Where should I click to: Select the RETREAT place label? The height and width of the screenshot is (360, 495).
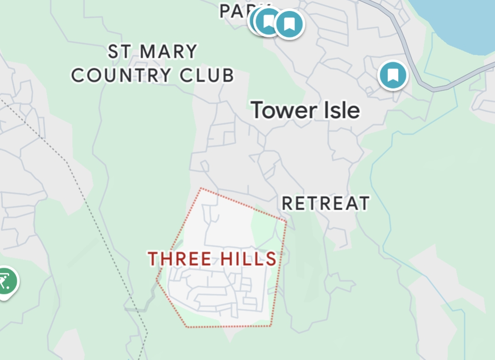[x=325, y=203]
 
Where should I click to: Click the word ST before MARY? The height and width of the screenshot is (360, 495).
[x=120, y=52]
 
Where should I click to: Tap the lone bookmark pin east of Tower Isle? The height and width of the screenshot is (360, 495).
[x=393, y=74]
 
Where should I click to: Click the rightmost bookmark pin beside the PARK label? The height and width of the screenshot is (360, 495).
[x=289, y=23]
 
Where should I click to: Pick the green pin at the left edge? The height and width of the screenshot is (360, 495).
[x=6, y=281]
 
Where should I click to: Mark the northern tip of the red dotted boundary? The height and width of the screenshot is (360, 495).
[x=201, y=188]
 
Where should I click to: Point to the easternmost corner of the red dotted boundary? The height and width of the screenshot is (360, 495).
[x=286, y=222]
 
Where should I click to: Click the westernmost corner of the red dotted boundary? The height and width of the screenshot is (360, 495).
[x=157, y=278]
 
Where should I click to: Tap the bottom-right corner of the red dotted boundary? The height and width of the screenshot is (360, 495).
[x=270, y=326]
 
